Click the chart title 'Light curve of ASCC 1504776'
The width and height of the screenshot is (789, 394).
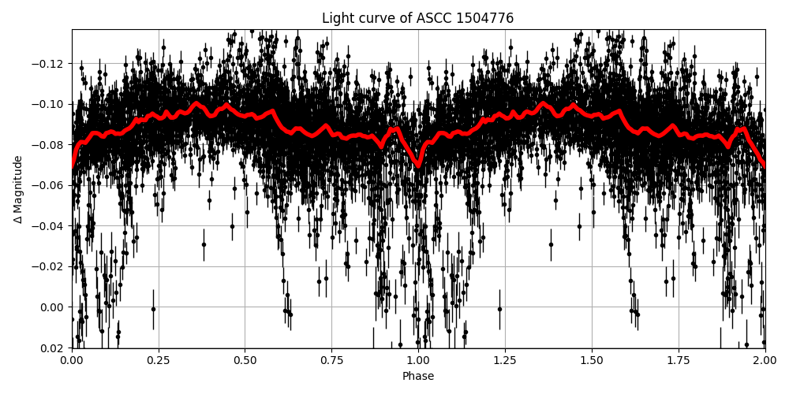[x=417, y=18]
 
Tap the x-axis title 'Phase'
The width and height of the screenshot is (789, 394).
[x=417, y=377]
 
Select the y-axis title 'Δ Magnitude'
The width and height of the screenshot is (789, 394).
[x=18, y=189]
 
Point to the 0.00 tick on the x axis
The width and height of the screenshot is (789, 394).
[x=72, y=360]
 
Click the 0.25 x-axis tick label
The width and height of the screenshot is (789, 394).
[x=159, y=360]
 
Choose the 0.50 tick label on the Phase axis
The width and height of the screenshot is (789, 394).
[x=245, y=360]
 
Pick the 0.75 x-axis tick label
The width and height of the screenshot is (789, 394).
[x=331, y=360]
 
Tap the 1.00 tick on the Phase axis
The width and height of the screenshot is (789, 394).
[x=418, y=360]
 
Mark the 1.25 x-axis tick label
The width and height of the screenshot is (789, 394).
[x=505, y=360]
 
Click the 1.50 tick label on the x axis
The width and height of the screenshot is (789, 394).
[x=591, y=360]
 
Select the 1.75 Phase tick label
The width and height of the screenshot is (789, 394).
[x=678, y=360]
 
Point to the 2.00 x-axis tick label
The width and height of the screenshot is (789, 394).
[x=765, y=360]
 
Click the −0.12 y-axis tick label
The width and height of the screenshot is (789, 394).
[x=51, y=64]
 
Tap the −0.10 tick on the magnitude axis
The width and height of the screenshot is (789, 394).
[x=51, y=104]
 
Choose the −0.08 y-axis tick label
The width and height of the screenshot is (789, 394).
[x=51, y=145]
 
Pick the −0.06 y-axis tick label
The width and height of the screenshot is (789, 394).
[x=51, y=185]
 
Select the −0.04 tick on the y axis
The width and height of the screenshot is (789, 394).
[x=51, y=226]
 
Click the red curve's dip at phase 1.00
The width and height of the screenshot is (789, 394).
[x=418, y=165]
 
